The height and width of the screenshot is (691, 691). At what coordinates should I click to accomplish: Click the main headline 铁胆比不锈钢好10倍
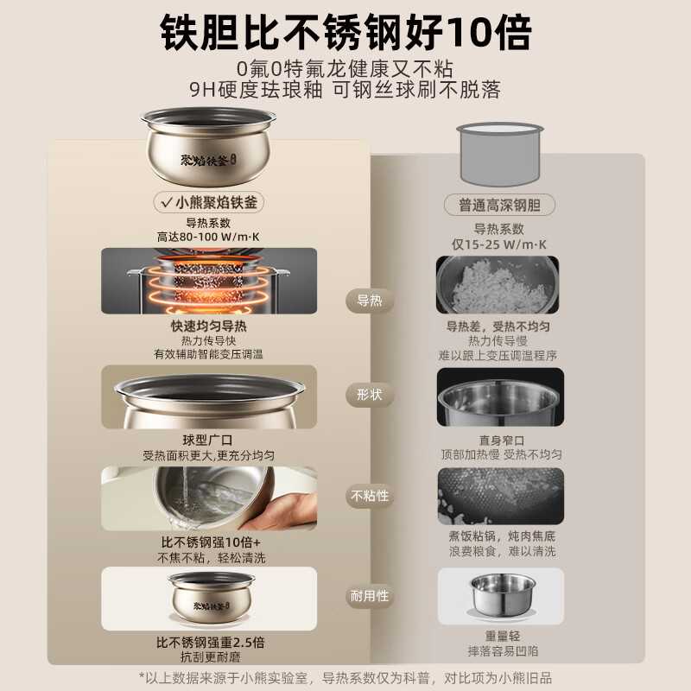click(x=345, y=33)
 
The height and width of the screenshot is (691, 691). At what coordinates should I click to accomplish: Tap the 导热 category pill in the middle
click(x=370, y=301)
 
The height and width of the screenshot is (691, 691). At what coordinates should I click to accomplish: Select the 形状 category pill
click(x=370, y=395)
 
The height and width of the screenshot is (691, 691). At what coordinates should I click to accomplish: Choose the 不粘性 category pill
click(x=370, y=496)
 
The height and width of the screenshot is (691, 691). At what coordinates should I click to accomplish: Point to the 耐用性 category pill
click(x=370, y=596)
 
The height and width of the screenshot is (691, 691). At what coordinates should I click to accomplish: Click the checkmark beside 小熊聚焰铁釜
click(x=167, y=203)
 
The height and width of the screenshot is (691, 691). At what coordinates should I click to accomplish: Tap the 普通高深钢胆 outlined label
click(x=499, y=205)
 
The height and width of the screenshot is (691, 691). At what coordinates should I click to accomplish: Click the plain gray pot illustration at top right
click(x=500, y=155)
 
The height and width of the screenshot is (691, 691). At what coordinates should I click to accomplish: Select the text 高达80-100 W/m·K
click(x=208, y=237)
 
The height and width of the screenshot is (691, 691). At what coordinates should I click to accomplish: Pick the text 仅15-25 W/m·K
click(x=499, y=244)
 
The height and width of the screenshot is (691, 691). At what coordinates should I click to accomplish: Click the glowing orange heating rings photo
click(x=209, y=282)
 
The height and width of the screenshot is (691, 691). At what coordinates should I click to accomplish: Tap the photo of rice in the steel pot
click(x=498, y=285)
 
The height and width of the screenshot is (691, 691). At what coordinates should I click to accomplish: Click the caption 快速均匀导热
click(x=208, y=326)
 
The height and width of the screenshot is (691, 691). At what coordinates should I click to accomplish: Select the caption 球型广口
click(x=207, y=441)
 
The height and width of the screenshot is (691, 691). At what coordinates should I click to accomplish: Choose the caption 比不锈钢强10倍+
click(x=211, y=542)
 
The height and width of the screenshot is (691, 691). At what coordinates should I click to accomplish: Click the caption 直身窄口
click(x=502, y=441)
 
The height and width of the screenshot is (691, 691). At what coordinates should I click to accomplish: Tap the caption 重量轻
click(x=503, y=636)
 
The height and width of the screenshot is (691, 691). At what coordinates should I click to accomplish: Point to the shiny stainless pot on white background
click(x=503, y=596)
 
